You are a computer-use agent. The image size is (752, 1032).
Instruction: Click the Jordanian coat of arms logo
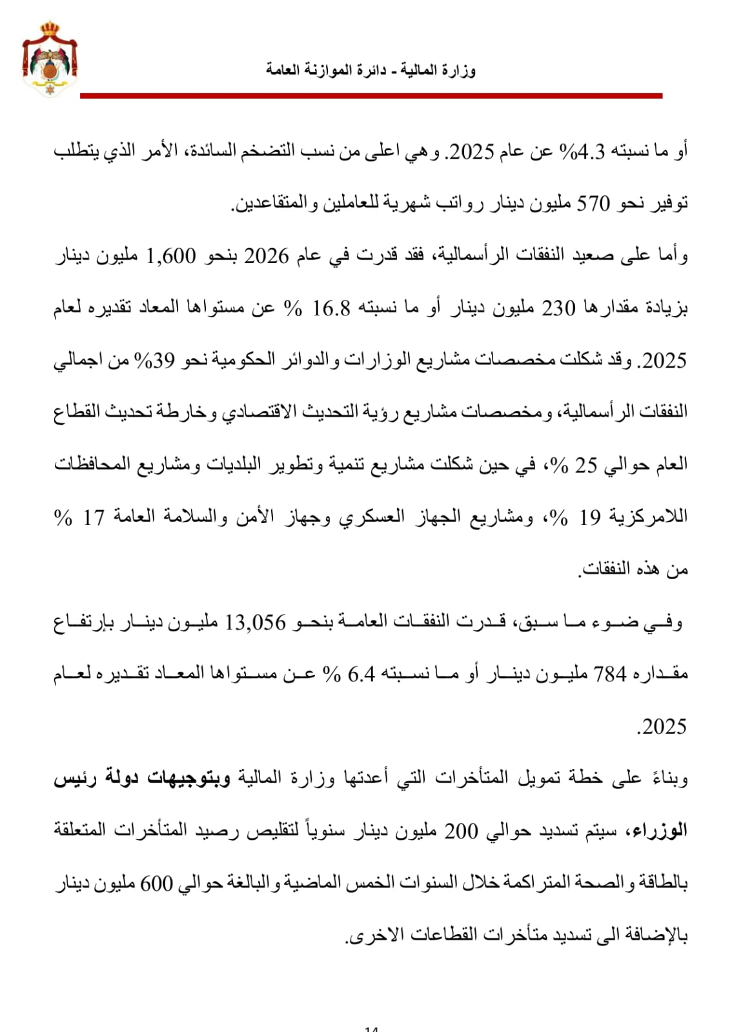[50, 59]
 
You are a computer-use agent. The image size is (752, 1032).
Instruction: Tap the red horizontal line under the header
[371, 95]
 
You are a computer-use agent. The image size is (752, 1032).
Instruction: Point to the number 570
[593, 204]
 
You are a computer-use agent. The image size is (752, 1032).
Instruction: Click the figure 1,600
[171, 256]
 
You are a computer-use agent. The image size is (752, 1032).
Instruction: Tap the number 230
[558, 308]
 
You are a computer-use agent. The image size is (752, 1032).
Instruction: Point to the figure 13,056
[255, 622]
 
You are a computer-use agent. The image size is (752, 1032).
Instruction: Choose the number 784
[610, 675]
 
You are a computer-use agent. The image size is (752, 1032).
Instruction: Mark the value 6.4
[361, 675]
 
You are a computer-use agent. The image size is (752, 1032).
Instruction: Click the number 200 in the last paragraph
[461, 832]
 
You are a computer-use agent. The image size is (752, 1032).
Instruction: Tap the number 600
[157, 884]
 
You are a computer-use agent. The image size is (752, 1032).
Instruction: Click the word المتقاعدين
[278, 204]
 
